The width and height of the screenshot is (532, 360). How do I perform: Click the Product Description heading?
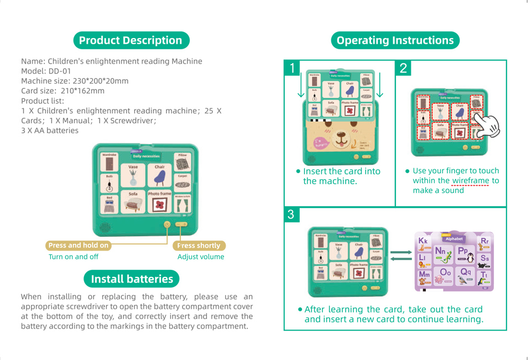tap(131, 40)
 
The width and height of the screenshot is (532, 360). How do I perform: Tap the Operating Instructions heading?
tap(395, 40)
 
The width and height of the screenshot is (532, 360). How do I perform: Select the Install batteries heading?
tap(132, 279)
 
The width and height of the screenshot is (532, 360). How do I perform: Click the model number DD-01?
tap(60, 71)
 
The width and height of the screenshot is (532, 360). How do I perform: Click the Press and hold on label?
tap(78, 246)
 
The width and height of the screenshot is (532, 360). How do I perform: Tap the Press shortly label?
tap(199, 246)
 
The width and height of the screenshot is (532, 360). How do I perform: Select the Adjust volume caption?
tap(201, 257)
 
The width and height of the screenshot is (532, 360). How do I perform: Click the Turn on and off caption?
tap(74, 257)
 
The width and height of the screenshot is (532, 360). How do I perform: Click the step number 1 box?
tap(292, 69)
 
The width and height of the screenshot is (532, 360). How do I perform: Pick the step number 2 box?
tap(403, 69)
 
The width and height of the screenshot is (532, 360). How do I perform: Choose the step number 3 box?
tap(292, 215)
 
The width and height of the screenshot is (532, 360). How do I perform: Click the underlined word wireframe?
tap(471, 181)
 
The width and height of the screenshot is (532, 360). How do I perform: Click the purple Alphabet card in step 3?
tap(453, 261)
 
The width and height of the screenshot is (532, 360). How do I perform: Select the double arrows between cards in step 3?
tap(401, 256)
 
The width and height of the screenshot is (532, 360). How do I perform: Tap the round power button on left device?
tap(167, 225)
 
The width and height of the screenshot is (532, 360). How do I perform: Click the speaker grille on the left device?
tap(105, 227)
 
